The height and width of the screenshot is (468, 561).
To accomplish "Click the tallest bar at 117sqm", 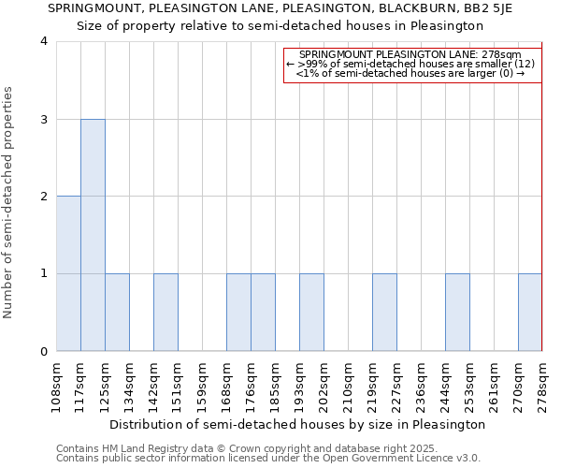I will pos(93,235).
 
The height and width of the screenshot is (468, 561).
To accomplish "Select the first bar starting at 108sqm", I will pos(68,273).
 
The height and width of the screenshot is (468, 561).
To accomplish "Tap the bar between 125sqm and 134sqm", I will pos(117,313).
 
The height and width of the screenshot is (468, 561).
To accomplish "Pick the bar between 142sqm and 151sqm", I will pos(165,313).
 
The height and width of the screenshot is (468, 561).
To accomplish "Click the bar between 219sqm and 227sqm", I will pos(384,313).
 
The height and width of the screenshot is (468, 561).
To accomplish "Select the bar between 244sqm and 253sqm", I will pos(457,313).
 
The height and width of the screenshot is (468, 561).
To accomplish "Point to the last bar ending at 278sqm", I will pos(530,313).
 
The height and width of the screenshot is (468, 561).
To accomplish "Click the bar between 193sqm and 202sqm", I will pos(311,313).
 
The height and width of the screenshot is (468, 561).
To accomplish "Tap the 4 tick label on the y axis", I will pos(44,42).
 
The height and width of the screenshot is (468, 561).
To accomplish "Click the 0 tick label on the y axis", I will pos(44,352).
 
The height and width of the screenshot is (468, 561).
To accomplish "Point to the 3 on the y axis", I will pos(44,120).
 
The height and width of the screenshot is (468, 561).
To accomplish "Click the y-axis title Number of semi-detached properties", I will pos(8,202).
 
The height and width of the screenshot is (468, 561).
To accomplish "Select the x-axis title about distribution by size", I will pos(298,424).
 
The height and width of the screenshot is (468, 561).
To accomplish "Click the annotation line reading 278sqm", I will pos(412,55).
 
